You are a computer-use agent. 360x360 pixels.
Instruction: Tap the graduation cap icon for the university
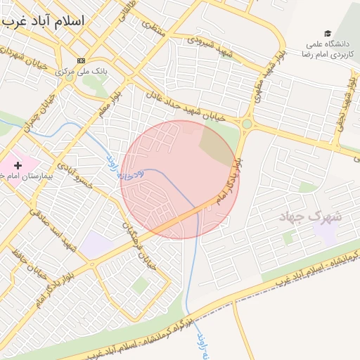[x=327, y=33]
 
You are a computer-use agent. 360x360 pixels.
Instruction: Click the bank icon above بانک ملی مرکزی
[x=82, y=60]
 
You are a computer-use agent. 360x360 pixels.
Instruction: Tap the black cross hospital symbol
[x=18, y=165]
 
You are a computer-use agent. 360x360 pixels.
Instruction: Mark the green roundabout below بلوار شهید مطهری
[x=247, y=124]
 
